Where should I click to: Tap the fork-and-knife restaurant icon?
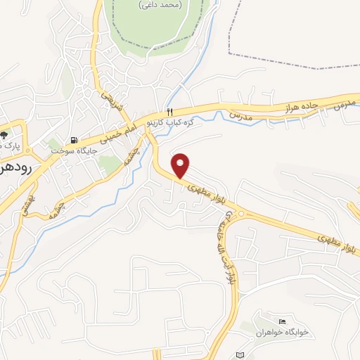(x=169, y=112)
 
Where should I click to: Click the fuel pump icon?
(x=75, y=139)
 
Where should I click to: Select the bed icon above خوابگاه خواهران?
(x=283, y=321)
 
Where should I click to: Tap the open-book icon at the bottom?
(x=240, y=354)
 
